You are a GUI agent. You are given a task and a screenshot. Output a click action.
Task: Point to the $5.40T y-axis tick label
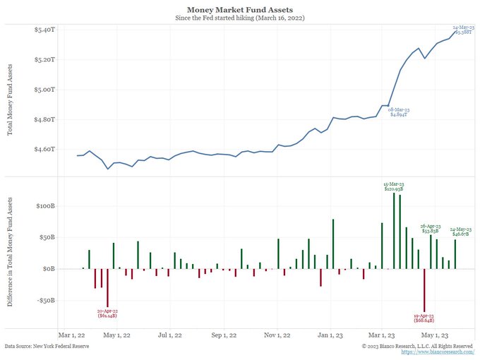(44, 30)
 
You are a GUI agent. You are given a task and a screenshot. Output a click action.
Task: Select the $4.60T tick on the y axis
(44, 149)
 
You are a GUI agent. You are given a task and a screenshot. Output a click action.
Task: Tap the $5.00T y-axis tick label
(44, 90)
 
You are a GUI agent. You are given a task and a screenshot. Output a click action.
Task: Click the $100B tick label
(44, 206)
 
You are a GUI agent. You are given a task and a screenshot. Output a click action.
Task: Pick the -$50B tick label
(44, 300)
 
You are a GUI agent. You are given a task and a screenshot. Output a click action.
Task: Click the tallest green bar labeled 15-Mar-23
(394, 230)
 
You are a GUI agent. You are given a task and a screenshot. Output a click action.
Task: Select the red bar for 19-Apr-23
(425, 289)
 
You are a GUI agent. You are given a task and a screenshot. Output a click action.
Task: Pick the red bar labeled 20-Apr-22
(107, 288)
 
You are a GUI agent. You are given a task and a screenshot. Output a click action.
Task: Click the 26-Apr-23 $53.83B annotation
(430, 228)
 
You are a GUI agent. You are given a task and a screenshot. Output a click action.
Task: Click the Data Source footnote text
(47, 347)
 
